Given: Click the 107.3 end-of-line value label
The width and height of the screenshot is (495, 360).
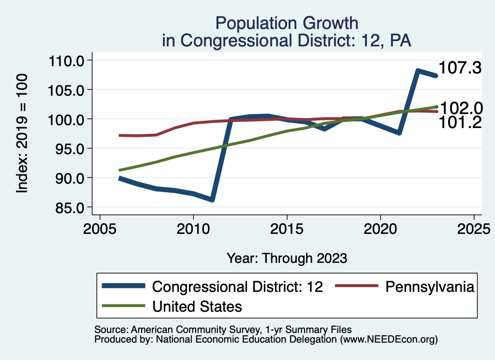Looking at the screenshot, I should coord(461,68).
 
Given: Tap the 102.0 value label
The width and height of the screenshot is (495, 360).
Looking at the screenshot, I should coord(461,108).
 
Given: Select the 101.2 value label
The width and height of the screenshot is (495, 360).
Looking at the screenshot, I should coord(460,123).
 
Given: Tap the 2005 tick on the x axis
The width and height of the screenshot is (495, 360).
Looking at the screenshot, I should coord(99,227).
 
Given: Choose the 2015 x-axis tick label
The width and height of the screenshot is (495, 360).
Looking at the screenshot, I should coord(287,227).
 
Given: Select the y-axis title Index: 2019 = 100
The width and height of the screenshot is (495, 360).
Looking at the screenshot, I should coord(22,134).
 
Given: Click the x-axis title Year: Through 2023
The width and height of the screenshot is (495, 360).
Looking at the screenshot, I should coord(287,258).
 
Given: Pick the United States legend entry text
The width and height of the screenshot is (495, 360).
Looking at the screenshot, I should coord(197,306).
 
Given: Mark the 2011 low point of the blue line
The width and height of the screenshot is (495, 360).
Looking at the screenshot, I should coord(212,200).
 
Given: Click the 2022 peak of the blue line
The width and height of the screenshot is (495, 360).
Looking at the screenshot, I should coord(418,71).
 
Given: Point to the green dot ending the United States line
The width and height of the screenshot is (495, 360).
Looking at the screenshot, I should coord(437,107).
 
